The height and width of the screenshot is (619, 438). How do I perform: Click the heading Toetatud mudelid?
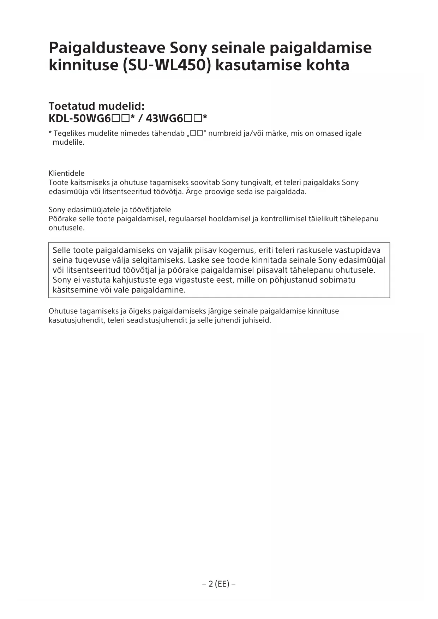pyautogui.click(x=97, y=106)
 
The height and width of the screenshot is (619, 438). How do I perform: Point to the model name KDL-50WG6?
pyautogui.click(x=80, y=118)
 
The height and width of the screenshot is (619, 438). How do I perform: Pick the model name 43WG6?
pyautogui.click(x=164, y=118)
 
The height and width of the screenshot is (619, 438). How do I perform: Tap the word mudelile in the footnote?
pyautogui.click(x=68, y=143)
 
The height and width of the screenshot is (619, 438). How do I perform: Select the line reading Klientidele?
pyautogui.click(x=67, y=173)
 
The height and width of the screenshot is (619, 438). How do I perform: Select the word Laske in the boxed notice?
pyautogui.click(x=198, y=260)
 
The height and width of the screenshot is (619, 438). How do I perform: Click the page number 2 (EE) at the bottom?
pyautogui.click(x=219, y=584)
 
